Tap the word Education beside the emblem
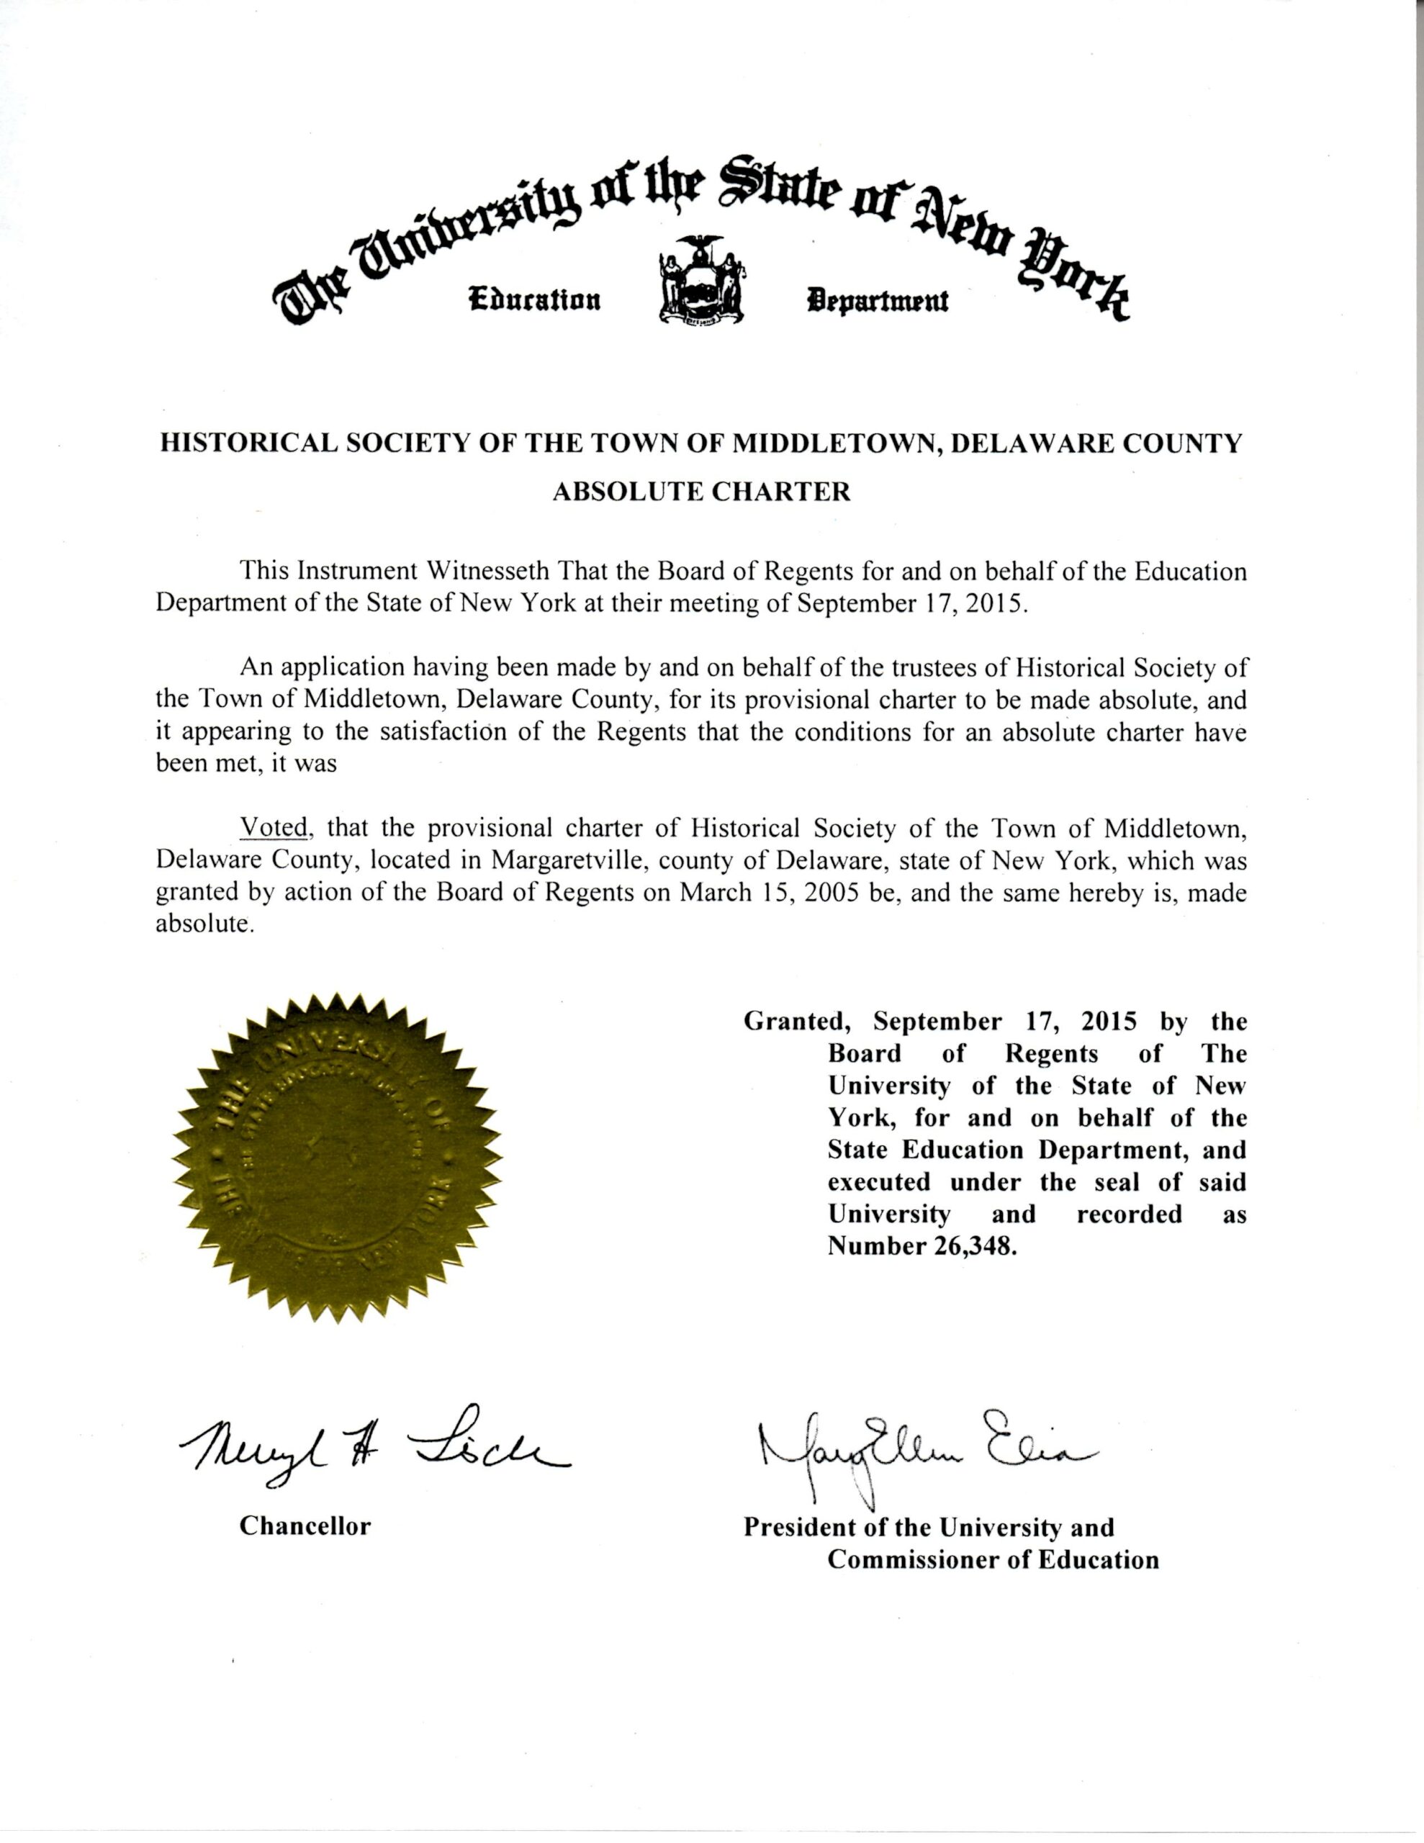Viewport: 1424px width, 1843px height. [x=534, y=299]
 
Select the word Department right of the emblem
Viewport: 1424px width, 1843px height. [x=877, y=299]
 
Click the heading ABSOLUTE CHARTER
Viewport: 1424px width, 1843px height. [x=700, y=492]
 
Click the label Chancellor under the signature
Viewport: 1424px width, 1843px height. [x=305, y=1526]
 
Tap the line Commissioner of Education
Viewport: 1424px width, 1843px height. [x=993, y=1559]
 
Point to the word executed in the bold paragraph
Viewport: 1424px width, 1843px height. [x=879, y=1182]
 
